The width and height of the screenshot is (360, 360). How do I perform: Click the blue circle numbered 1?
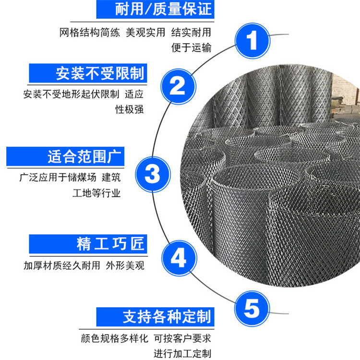[252, 41]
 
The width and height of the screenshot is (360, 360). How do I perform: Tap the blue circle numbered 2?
[178, 86]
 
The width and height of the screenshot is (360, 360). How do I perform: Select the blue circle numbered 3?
[153, 174]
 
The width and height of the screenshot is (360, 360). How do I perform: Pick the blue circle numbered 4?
[179, 258]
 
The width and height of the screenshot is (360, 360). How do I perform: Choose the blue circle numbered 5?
[252, 308]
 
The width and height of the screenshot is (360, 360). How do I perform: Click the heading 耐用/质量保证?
[163, 9]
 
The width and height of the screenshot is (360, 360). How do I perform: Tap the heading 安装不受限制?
[100, 73]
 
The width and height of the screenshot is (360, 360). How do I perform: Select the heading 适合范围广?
[84, 156]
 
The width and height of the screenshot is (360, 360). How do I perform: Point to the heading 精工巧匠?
[111, 243]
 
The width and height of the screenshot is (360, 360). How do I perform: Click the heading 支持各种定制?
[167, 317]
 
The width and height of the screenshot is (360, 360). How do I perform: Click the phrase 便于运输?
[191, 48]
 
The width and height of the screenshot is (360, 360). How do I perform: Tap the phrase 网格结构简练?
[90, 32]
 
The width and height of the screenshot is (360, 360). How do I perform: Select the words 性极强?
[130, 109]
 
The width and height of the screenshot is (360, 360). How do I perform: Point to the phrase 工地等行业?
[96, 193]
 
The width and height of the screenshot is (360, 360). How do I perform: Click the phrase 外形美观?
[125, 265]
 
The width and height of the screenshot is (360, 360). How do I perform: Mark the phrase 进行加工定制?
[182, 354]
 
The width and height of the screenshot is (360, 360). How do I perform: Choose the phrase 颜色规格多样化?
[115, 338]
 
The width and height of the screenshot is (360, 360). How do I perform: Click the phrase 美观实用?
[145, 32]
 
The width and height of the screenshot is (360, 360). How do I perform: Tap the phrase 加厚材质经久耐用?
[62, 265]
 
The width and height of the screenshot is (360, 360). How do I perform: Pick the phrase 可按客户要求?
[182, 338]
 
